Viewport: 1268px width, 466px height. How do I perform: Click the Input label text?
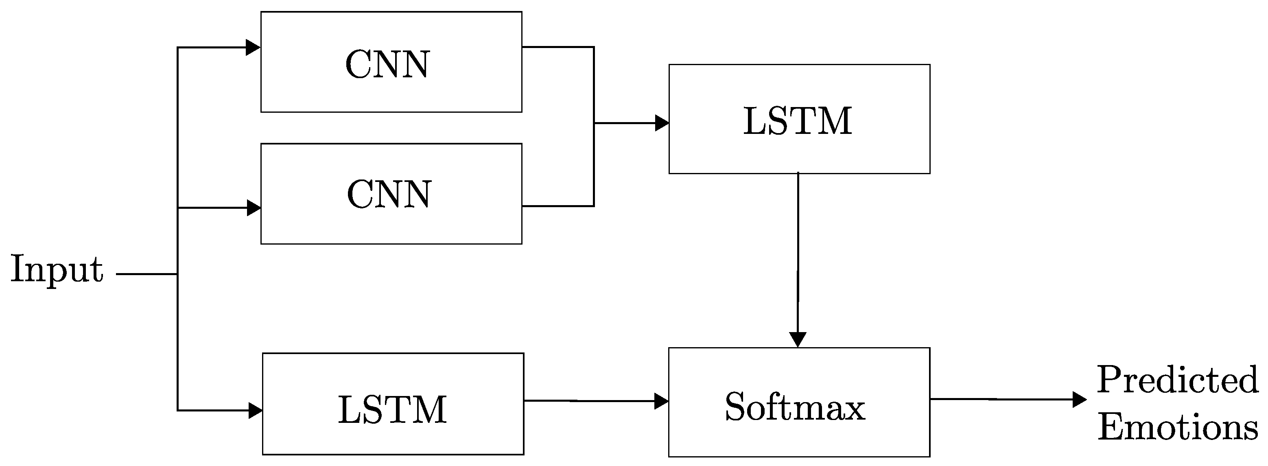coord(57,270)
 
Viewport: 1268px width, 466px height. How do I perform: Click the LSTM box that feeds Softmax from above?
coord(799,119)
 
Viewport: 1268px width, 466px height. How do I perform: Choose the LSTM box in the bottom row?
coord(393,403)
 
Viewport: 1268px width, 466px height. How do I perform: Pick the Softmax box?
coord(799,402)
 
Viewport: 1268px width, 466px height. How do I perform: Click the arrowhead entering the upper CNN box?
coord(253,48)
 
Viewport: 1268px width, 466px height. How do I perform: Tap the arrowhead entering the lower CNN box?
coord(254,208)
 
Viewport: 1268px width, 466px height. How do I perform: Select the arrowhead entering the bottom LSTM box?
coord(255,410)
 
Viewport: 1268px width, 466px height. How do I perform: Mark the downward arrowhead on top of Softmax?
coord(798,339)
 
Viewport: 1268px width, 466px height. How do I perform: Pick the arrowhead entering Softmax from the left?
coord(661,401)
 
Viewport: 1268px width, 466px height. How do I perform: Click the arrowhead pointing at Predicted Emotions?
coord(1079,399)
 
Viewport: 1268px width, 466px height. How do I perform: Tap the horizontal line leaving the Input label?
coord(146,274)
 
